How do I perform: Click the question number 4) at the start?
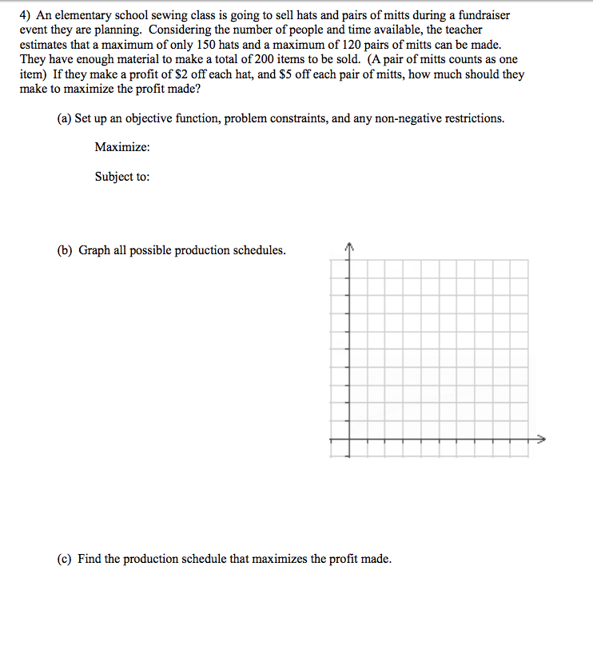[x=25, y=15]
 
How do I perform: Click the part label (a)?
[x=65, y=118]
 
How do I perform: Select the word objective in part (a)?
[x=144, y=118]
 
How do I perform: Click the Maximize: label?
[x=122, y=147]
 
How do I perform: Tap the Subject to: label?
[x=121, y=177]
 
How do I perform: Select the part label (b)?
[x=65, y=250]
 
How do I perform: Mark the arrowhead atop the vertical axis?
[x=347, y=245]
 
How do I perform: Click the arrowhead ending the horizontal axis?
[x=541, y=439]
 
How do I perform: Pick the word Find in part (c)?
[x=89, y=559]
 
